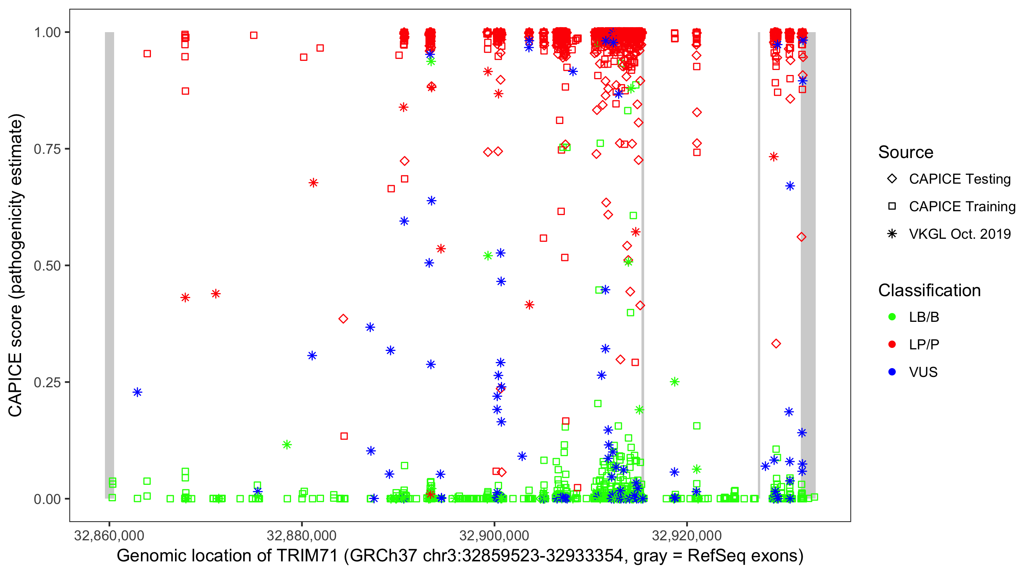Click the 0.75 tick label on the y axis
point(47,149)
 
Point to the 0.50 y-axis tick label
point(47,266)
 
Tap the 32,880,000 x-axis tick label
point(301,535)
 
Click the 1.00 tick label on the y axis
point(47,33)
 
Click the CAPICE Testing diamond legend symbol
point(892,179)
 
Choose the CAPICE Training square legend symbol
point(892,207)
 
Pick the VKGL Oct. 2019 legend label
point(960,234)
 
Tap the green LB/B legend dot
point(892,317)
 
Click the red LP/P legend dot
point(892,344)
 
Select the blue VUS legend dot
point(892,372)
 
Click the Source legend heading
point(906,152)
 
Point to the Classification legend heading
point(929,290)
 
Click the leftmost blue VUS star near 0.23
point(137,392)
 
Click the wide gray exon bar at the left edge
point(109,265)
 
